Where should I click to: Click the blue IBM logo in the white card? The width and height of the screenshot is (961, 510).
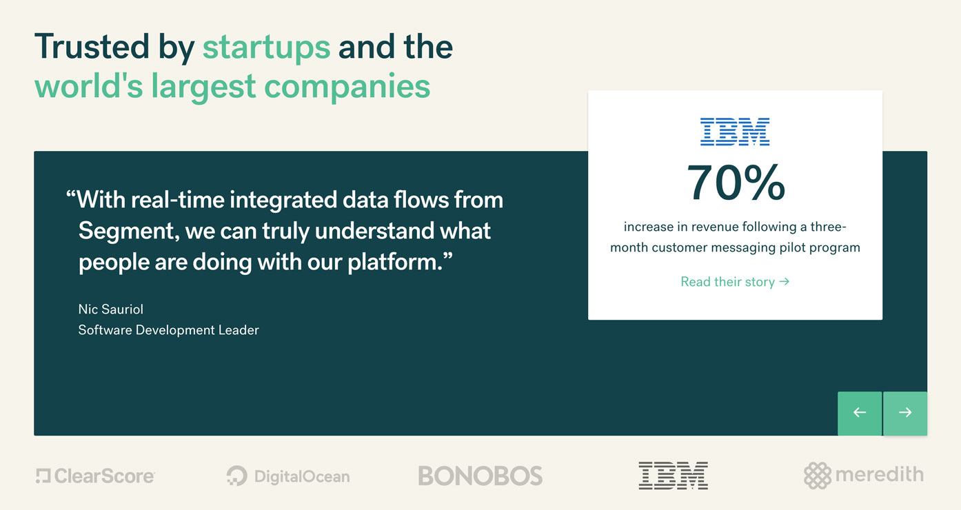click(735, 132)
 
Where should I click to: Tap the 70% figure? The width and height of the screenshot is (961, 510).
click(736, 183)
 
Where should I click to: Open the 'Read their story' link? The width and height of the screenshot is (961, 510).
click(735, 282)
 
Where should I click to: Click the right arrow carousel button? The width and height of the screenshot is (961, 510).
click(905, 413)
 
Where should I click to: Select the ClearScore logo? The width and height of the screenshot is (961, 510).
click(95, 476)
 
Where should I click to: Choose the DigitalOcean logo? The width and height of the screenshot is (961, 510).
click(288, 476)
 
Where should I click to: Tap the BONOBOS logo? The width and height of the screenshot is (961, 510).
click(480, 476)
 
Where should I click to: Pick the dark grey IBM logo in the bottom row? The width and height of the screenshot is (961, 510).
click(673, 476)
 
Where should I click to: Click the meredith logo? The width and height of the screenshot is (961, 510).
click(864, 476)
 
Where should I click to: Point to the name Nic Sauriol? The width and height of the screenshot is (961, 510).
click(111, 309)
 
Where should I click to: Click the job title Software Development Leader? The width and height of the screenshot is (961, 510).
click(169, 330)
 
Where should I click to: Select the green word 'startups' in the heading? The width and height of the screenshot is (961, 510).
click(266, 48)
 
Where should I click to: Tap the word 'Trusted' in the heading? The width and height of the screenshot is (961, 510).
click(92, 46)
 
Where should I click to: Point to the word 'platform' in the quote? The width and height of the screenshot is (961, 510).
click(394, 263)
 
